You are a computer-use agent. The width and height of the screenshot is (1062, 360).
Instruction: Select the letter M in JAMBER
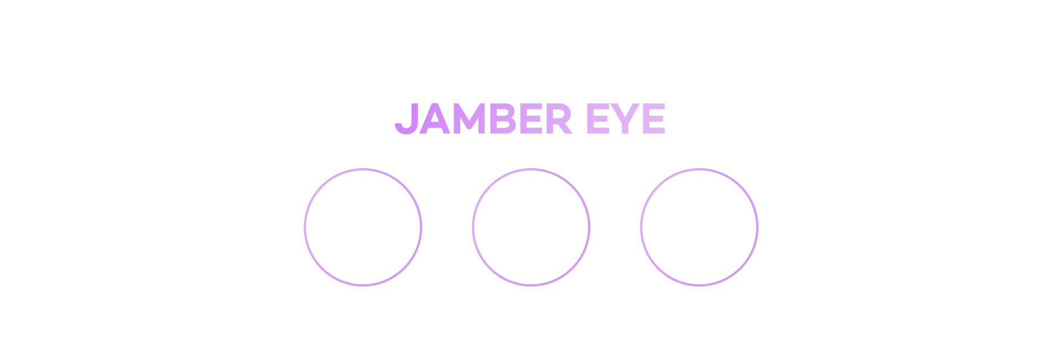pos(469,118)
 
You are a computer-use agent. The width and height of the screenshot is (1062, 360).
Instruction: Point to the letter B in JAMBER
pos(503,118)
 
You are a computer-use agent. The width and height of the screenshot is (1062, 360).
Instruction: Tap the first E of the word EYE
pos(598,118)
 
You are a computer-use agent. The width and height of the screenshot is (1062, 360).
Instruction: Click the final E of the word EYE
pos(654,118)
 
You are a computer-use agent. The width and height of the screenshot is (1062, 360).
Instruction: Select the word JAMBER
pos(483,118)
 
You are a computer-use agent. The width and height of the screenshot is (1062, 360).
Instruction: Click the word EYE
pos(626,118)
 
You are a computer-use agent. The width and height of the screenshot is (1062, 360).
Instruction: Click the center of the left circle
pos(363,227)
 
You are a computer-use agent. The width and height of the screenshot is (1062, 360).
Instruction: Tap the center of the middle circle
pos(531,227)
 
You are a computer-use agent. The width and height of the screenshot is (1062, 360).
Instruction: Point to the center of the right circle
pos(699,227)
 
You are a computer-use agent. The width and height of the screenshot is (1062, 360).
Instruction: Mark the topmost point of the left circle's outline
pos(363,169)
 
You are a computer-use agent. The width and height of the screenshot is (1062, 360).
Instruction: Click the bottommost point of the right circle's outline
pos(699,285)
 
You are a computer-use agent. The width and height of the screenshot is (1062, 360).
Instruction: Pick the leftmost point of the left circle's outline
pos(305,227)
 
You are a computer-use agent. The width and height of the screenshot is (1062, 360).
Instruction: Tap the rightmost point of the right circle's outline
pos(757,227)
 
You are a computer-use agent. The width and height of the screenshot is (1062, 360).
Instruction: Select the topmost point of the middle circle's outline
pos(531,169)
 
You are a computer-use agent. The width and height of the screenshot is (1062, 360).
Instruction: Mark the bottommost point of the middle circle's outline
pos(531,285)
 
